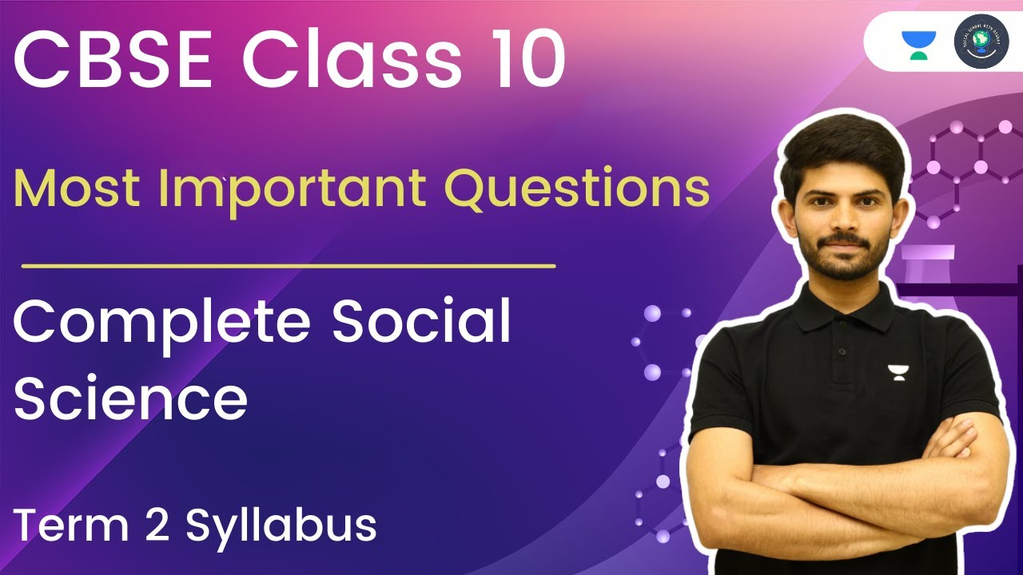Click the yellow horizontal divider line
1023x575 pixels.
[x=288, y=265]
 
